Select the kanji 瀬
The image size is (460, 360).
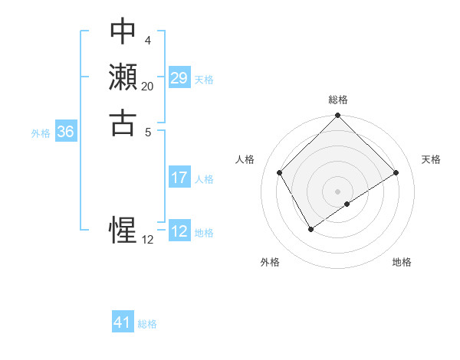click(123, 77)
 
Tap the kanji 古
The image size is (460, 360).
click(123, 122)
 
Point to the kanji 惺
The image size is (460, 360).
click(123, 230)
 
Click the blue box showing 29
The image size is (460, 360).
click(179, 78)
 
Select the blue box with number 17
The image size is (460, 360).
click(179, 178)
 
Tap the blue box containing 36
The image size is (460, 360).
click(66, 132)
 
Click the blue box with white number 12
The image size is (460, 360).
click(179, 231)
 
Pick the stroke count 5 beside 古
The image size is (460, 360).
click(147, 131)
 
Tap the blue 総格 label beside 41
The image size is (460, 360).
click(148, 324)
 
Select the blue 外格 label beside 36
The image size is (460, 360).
click(41, 133)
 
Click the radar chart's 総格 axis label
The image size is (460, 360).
click(337, 100)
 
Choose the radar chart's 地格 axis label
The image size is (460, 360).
click(402, 262)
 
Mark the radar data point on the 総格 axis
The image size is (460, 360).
click(337, 116)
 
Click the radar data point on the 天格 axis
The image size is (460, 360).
click(396, 173)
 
